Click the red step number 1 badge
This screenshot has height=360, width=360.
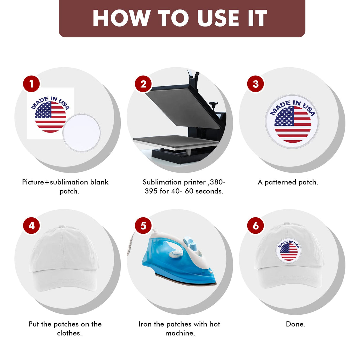tap(31, 84)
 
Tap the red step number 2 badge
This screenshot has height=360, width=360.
tap(143, 84)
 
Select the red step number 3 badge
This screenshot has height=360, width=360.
tap(255, 84)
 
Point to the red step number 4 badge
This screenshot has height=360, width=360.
tap(31, 226)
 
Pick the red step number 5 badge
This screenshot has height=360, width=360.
tap(143, 226)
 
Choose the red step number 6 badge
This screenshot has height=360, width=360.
tap(255, 226)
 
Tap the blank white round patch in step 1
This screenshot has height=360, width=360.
tap(82, 132)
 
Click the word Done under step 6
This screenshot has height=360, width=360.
tap(296, 324)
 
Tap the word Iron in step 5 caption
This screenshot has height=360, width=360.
tap(145, 324)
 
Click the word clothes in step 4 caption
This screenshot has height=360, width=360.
tap(69, 333)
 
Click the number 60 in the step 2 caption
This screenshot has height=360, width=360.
tap(189, 191)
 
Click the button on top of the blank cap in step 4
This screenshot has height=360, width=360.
tap(62, 227)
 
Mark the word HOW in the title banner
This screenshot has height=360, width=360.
tap(122, 18)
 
